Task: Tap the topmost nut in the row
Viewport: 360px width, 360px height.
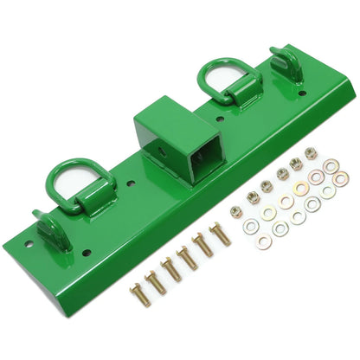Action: coord(311,153)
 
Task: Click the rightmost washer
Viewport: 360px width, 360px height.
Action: coord(341,178)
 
